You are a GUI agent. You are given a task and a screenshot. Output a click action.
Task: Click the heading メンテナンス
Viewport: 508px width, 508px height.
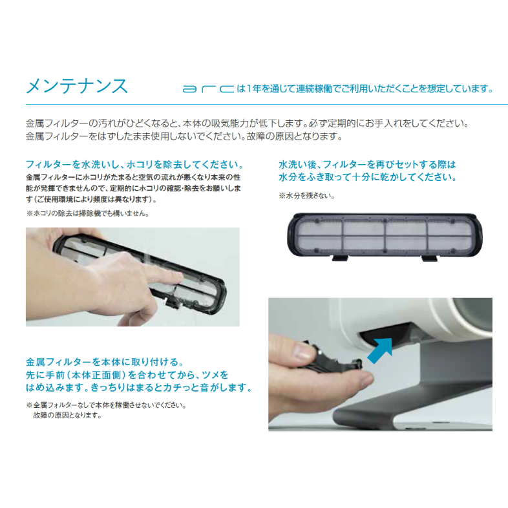pos(76,86)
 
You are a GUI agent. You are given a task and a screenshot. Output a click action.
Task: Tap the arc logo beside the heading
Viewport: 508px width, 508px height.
pos(206,89)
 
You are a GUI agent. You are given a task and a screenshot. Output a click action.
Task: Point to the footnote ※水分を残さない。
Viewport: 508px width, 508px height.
pos(306,196)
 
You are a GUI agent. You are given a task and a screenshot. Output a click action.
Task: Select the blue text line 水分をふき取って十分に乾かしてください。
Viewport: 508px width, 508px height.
pos(367,177)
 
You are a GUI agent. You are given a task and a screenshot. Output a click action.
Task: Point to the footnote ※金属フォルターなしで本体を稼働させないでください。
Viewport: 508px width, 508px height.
pos(106,405)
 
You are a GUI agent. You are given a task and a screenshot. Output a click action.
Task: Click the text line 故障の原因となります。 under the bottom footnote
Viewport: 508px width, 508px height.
pos(67,415)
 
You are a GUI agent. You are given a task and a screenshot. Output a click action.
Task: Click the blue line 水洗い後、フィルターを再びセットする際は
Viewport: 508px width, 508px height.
pos(366,164)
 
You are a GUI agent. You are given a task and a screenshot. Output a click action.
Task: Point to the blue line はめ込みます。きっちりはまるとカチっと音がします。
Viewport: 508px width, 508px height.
pos(138,388)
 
